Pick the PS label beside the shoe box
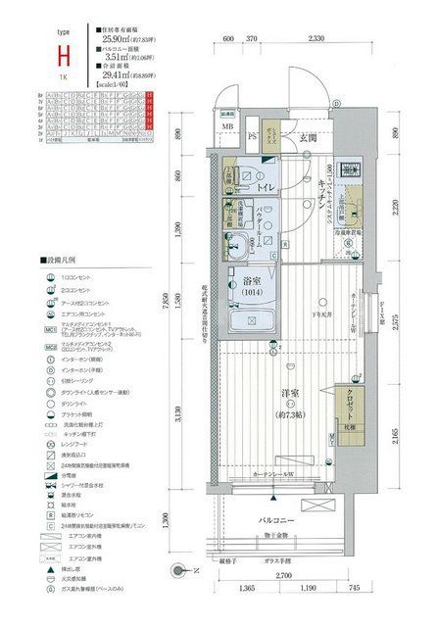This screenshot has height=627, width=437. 253,136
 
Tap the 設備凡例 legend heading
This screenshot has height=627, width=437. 60,262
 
